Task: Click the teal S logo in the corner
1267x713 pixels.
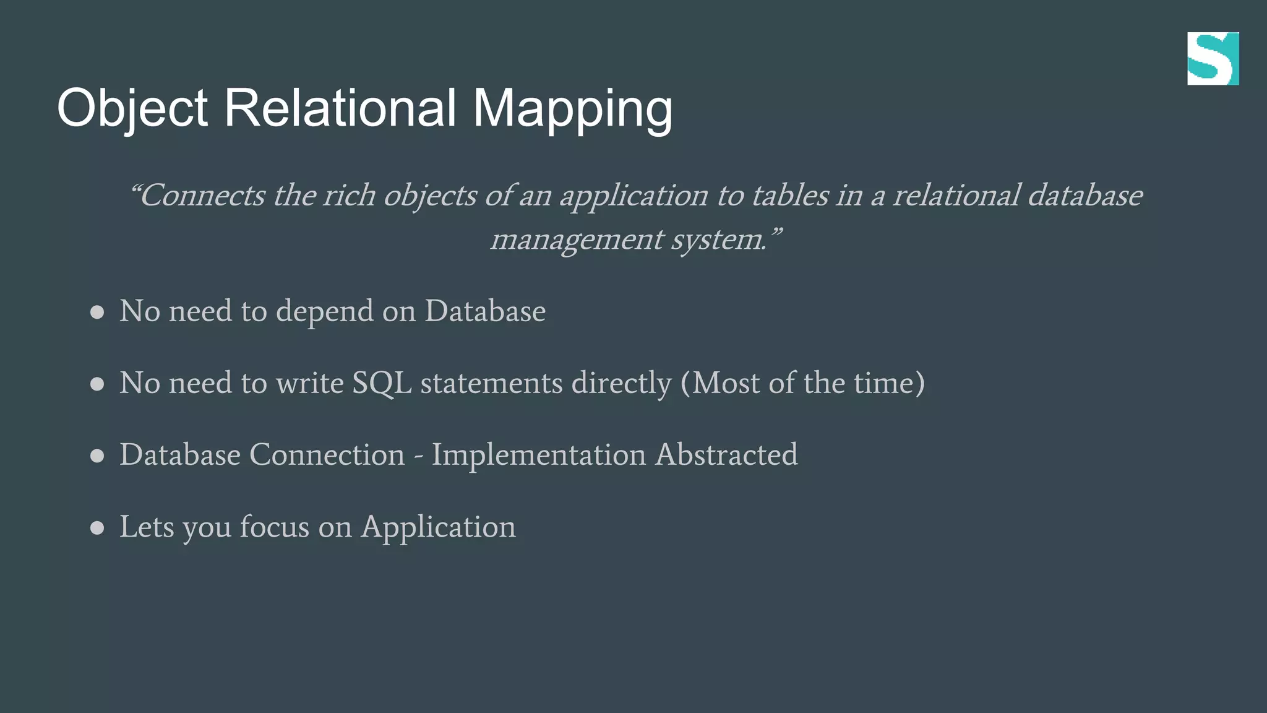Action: pyautogui.click(x=1213, y=59)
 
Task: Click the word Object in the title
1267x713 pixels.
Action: pyautogui.click(x=132, y=108)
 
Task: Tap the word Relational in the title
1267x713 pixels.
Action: pyautogui.click(x=340, y=108)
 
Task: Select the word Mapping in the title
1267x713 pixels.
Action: pyautogui.click(x=572, y=108)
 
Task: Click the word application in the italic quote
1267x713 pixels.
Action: pyautogui.click(x=633, y=196)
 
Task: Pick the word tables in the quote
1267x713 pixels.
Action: pyautogui.click(x=789, y=196)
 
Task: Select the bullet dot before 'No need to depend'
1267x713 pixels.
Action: pyautogui.click(x=97, y=312)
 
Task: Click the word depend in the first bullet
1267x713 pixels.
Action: pyautogui.click(x=324, y=311)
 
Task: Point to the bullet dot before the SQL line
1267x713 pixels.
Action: pyautogui.click(x=97, y=384)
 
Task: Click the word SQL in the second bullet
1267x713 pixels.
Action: pyautogui.click(x=382, y=383)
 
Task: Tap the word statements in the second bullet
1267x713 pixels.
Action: pyautogui.click(x=491, y=383)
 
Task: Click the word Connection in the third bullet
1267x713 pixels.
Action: pyautogui.click(x=327, y=455)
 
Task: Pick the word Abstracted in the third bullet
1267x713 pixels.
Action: pyautogui.click(x=726, y=455)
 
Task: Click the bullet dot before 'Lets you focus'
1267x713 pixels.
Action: pyautogui.click(x=97, y=528)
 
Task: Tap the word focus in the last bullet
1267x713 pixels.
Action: pyautogui.click(x=274, y=527)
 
